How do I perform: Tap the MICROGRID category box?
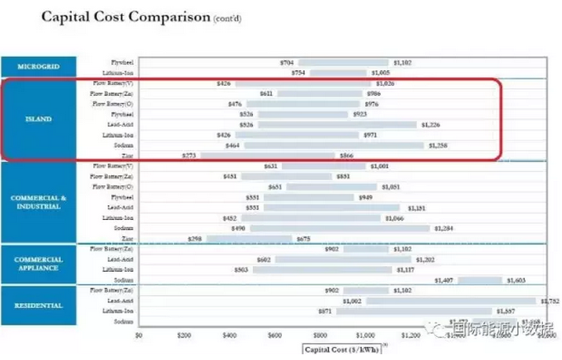click(39, 67)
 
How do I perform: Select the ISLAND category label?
click(39, 119)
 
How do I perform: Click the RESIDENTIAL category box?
click(39, 306)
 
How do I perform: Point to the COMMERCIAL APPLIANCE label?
click(39, 264)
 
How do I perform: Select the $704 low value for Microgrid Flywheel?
click(286, 62)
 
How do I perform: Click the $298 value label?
click(194, 238)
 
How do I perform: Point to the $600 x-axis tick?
click(274, 336)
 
